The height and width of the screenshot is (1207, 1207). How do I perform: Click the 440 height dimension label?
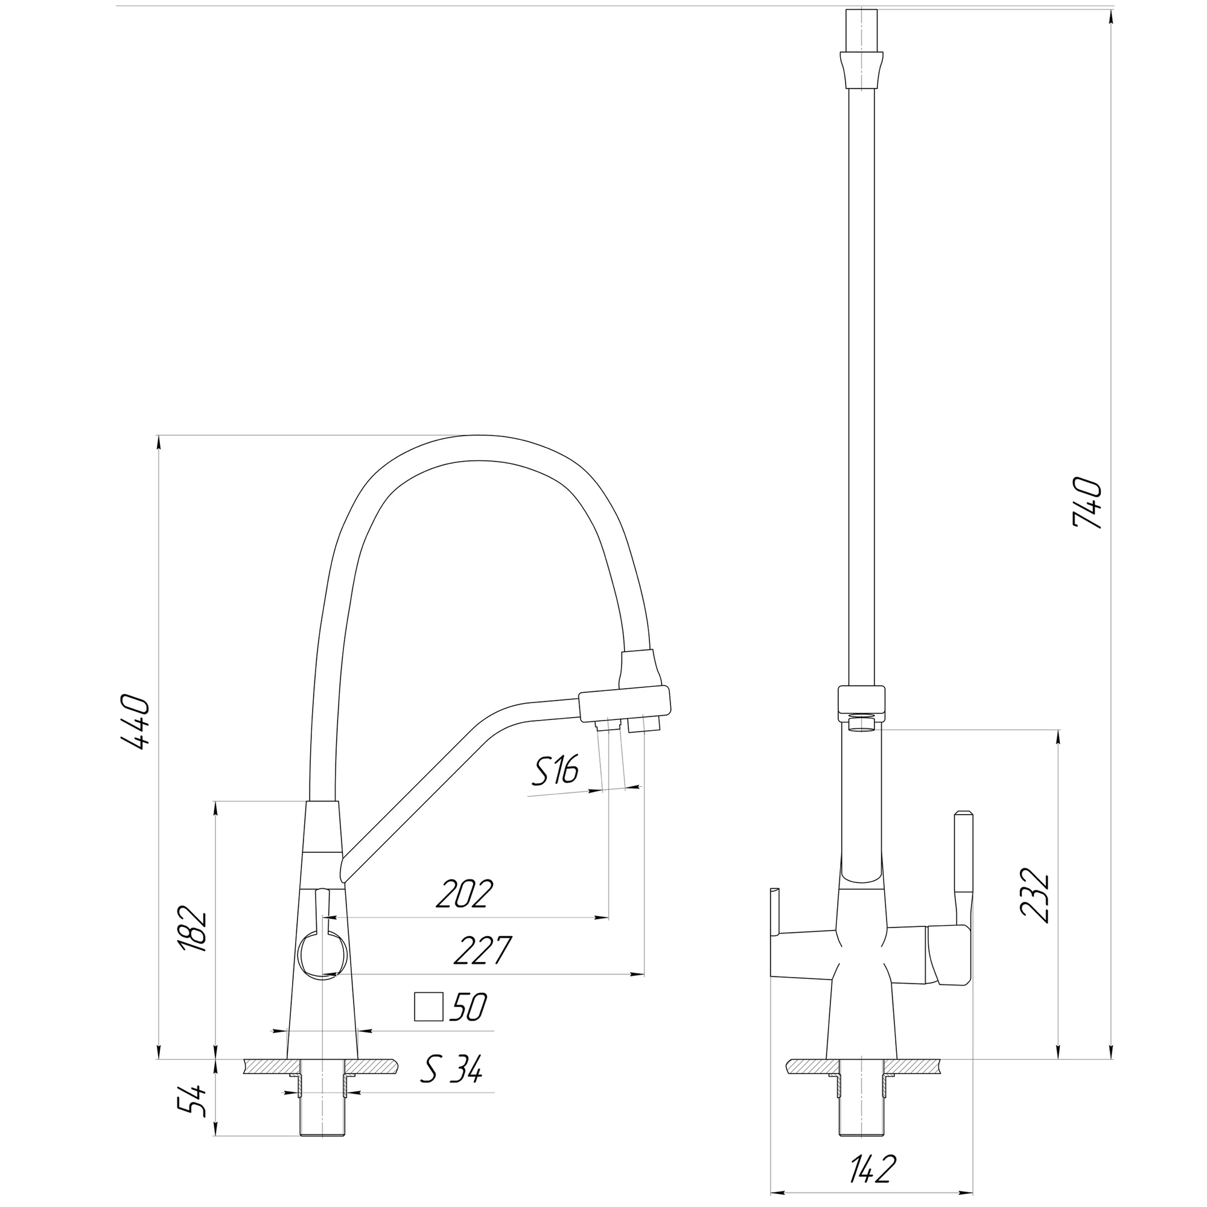(x=136, y=721)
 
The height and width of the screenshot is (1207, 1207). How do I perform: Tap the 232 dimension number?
(x=1035, y=895)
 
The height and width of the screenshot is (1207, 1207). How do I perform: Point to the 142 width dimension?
(x=873, y=1169)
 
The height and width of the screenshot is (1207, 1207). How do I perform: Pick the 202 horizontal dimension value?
(x=465, y=894)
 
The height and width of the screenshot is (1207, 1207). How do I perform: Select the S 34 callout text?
(x=451, y=1069)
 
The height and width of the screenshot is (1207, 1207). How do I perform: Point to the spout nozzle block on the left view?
(x=625, y=705)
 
